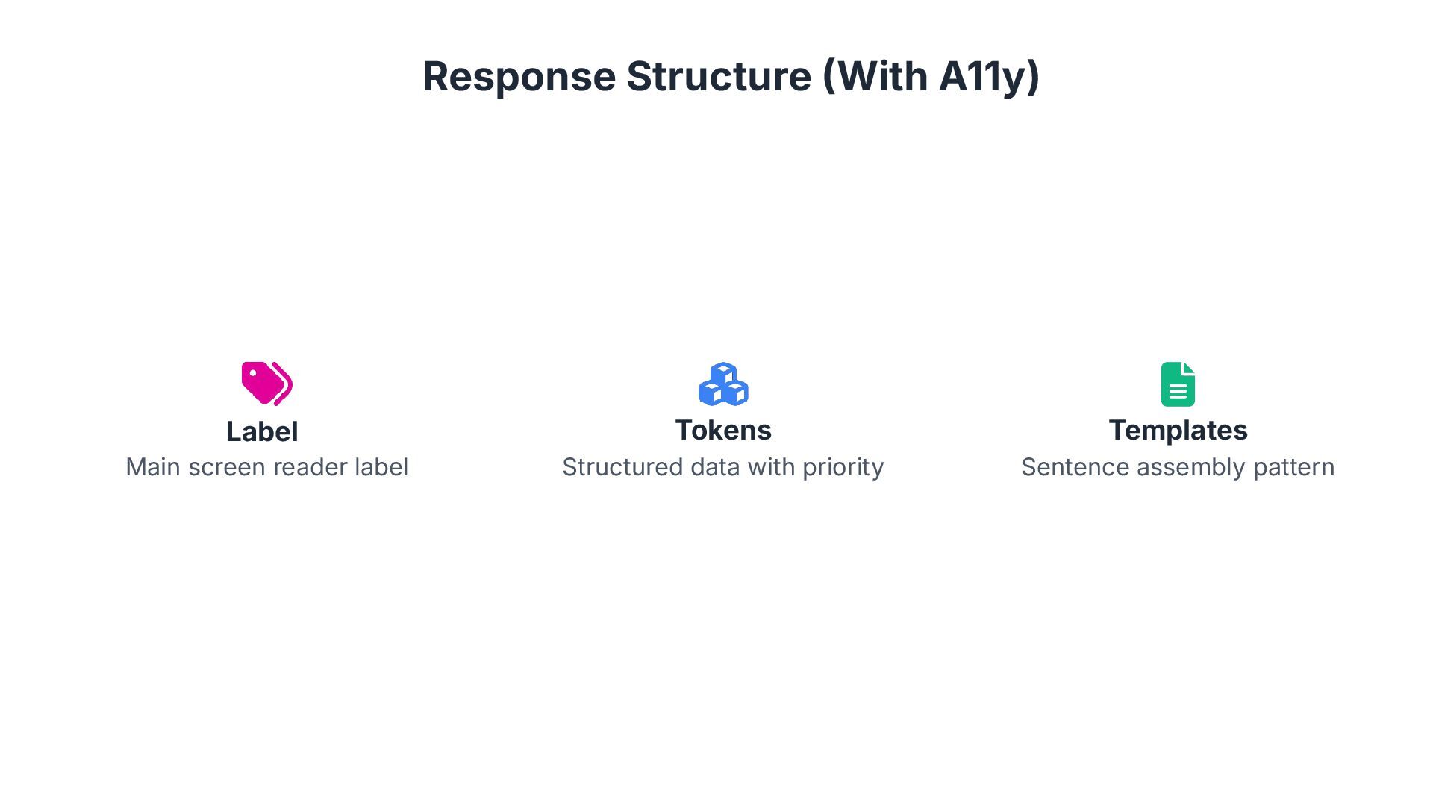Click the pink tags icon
coord(266,384)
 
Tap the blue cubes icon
coord(723,384)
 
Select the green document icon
coord(1178,384)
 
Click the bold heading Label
coord(262,431)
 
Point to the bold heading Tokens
coord(723,430)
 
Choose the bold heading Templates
coord(1178,430)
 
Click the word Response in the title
coord(519,76)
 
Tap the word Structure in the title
coord(718,76)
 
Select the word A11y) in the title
coord(989,76)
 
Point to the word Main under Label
coord(152,467)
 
